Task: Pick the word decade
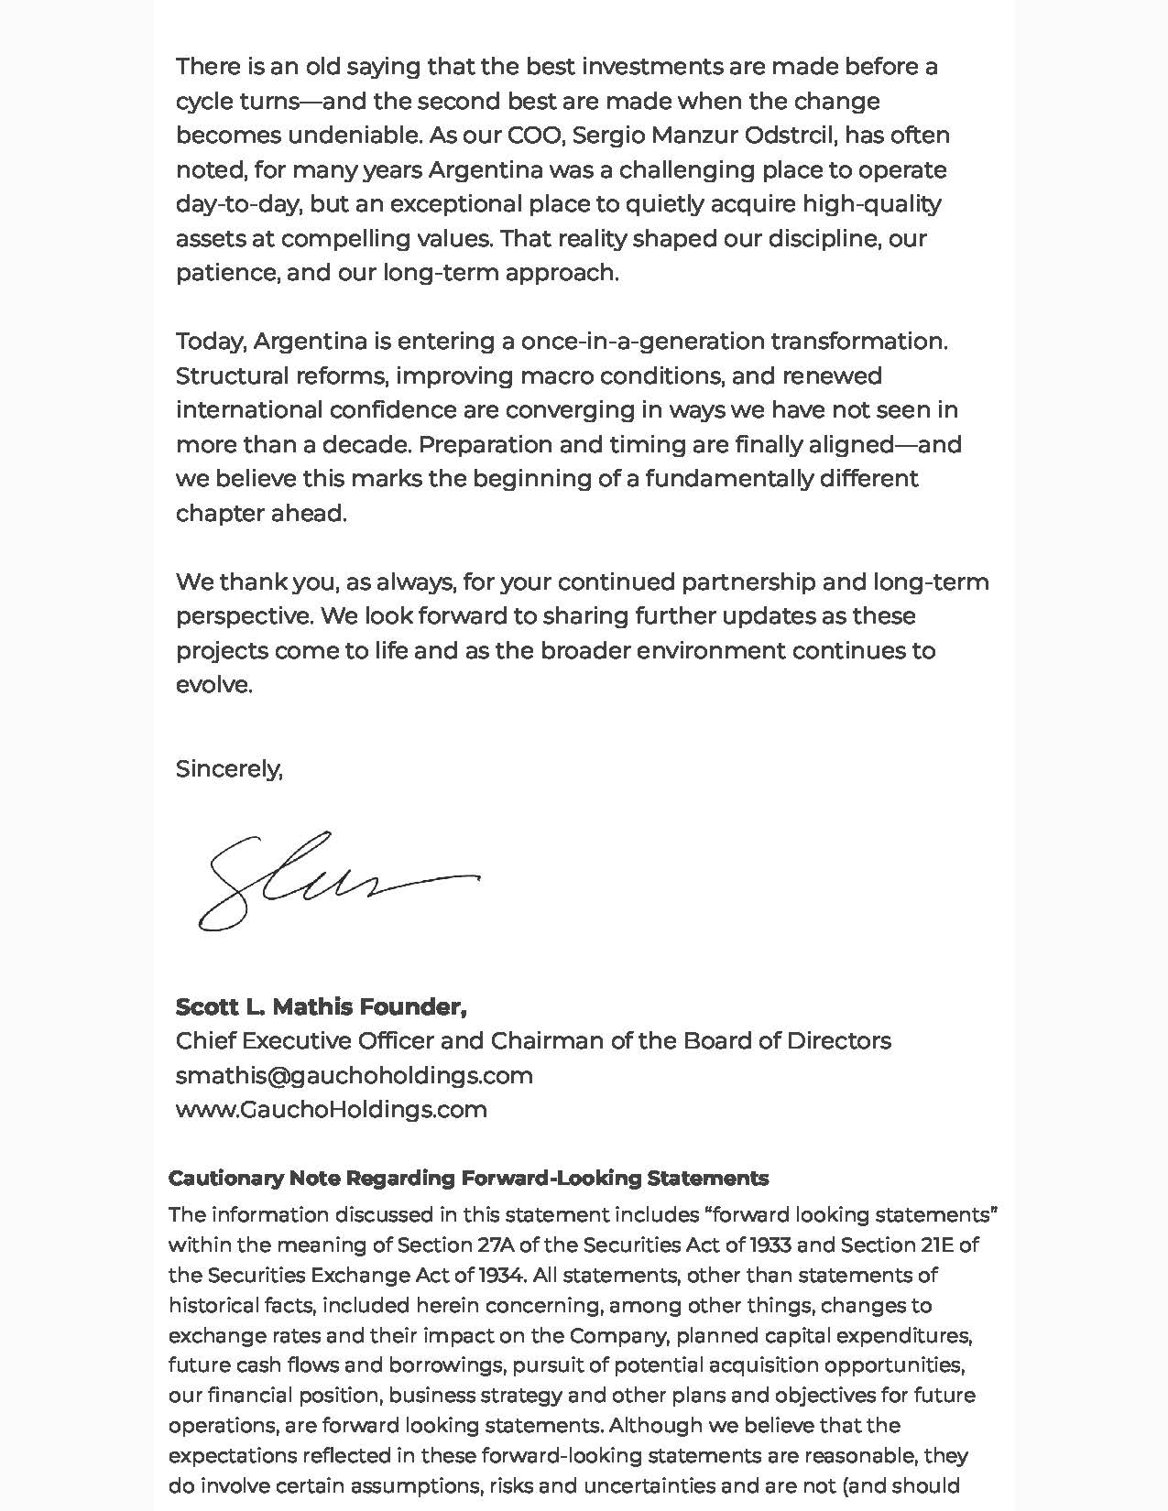point(364,445)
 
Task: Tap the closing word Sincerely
point(229,768)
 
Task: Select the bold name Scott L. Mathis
point(264,1007)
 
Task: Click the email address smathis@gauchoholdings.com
point(354,1075)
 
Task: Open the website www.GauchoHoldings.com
point(331,1110)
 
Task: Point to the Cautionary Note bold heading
point(468,1179)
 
